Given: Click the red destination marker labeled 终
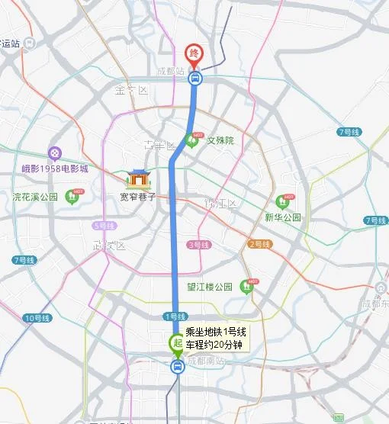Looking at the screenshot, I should click(x=194, y=53).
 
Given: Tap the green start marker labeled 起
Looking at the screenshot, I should click(x=175, y=342).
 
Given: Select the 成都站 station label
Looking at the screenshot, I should click(x=171, y=71).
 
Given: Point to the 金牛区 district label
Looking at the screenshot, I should click(x=130, y=90).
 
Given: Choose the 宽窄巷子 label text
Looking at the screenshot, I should click(x=137, y=196).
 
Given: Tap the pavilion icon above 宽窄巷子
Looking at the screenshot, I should click(x=139, y=178).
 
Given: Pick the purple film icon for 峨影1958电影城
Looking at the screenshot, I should click(x=53, y=153).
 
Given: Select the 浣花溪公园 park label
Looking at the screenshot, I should click(x=35, y=196).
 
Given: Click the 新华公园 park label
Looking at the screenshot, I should click(x=283, y=217).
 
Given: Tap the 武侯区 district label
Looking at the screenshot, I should click(x=108, y=246).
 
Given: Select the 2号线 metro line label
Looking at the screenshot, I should click(x=259, y=244).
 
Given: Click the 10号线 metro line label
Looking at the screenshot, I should click(x=37, y=317).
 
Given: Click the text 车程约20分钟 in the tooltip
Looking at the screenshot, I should click(x=214, y=345).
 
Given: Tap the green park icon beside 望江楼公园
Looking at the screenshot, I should click(x=246, y=286).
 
